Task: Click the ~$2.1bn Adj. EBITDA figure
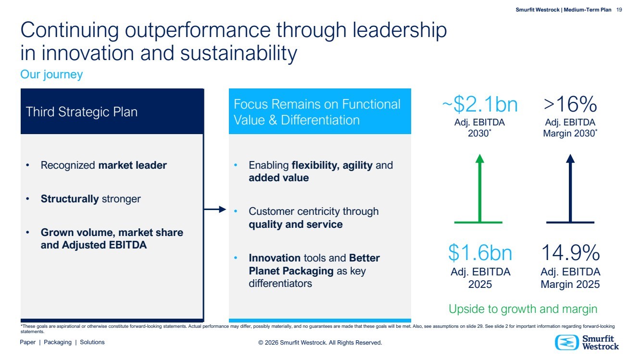479,104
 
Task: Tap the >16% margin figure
570,104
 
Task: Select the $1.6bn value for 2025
480,253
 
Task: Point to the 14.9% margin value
570,253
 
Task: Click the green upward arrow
479,187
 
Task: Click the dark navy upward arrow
570,187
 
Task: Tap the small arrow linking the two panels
215,209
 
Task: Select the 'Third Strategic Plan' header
82,112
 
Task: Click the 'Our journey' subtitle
51,74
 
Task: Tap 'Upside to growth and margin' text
523,309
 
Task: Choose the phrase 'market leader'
132,165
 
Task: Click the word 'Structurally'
70,199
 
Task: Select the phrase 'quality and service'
295,224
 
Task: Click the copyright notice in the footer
320,343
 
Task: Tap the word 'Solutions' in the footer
92,342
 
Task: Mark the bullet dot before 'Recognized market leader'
28,165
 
